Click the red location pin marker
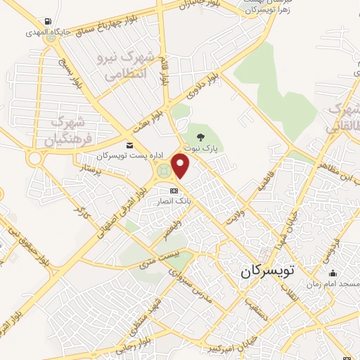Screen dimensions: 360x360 (x=181, y=166)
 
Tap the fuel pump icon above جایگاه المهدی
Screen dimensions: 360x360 (x=46, y=20)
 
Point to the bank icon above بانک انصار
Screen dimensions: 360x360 (x=174, y=191)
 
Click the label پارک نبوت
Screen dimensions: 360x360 (x=202, y=149)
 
